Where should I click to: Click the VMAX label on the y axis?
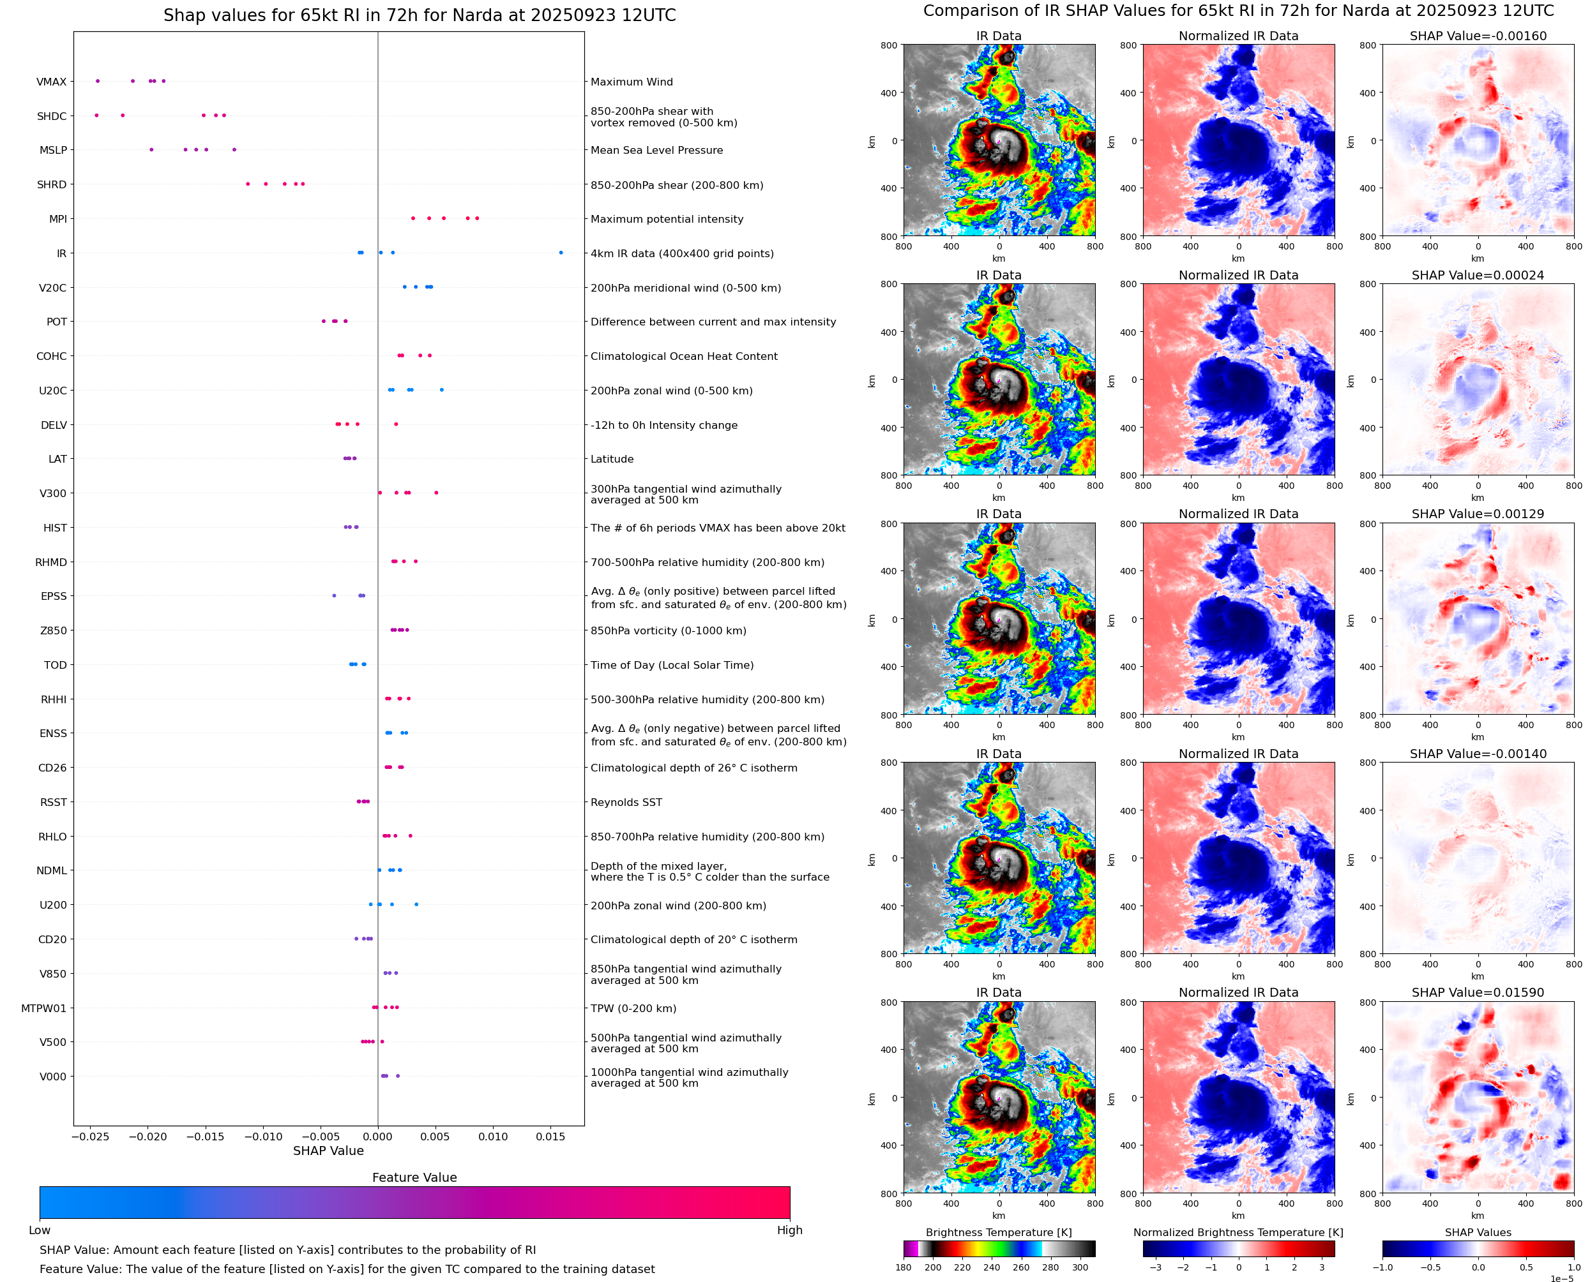click(x=51, y=82)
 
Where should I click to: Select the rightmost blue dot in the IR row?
click(x=561, y=253)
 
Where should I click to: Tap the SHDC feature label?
click(x=52, y=116)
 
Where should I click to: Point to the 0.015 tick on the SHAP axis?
click(x=550, y=1137)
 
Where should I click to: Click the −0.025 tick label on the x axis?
click(x=90, y=1137)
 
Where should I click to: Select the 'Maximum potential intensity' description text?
click(x=667, y=220)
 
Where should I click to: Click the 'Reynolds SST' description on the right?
click(x=626, y=802)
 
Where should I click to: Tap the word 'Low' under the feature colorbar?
click(x=39, y=1230)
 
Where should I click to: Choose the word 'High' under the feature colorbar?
click(x=789, y=1230)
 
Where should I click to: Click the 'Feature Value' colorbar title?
click(x=414, y=1177)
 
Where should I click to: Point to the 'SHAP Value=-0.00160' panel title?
click(x=1478, y=36)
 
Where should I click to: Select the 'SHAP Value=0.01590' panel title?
click(x=1478, y=992)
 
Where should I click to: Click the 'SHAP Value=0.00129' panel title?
click(x=1478, y=514)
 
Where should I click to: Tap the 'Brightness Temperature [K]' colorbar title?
click(x=998, y=1232)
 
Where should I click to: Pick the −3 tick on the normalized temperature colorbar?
click(x=1156, y=1267)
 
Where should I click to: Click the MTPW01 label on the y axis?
click(x=43, y=1008)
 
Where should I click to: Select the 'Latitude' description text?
click(x=612, y=459)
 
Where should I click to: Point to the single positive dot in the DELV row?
click(x=396, y=424)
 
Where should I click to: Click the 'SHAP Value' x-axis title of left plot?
click(x=328, y=1151)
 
